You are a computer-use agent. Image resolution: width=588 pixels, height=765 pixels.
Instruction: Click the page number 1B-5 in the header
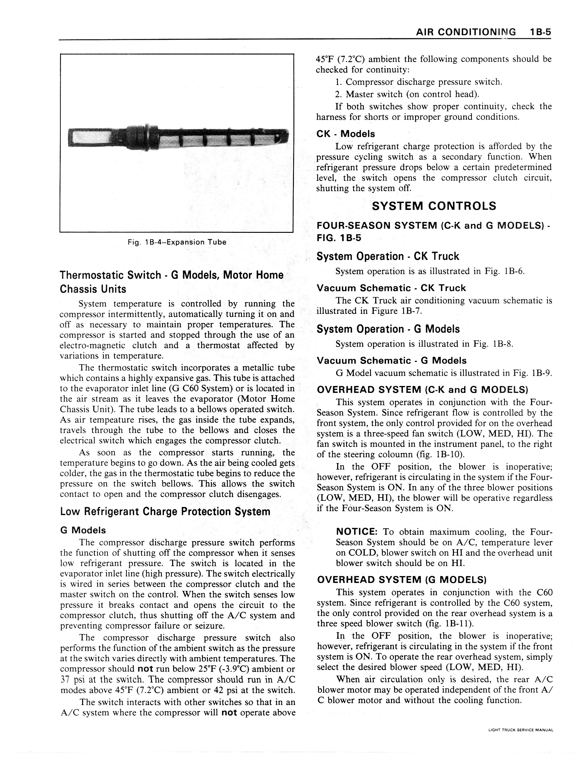(x=540, y=32)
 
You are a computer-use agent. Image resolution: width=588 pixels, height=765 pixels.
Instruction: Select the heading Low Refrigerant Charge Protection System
(x=165, y=512)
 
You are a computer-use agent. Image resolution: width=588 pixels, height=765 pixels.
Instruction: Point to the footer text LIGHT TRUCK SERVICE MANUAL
(x=520, y=730)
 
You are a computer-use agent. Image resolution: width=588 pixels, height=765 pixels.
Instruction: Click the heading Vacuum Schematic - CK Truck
(x=391, y=288)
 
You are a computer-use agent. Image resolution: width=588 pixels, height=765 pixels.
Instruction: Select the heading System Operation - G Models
(x=388, y=329)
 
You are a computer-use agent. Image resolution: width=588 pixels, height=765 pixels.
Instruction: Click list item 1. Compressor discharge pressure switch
(x=419, y=82)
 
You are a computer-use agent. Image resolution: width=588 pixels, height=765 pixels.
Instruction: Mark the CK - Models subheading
(x=345, y=134)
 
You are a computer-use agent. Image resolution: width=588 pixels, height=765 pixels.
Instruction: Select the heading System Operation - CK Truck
(x=387, y=256)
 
